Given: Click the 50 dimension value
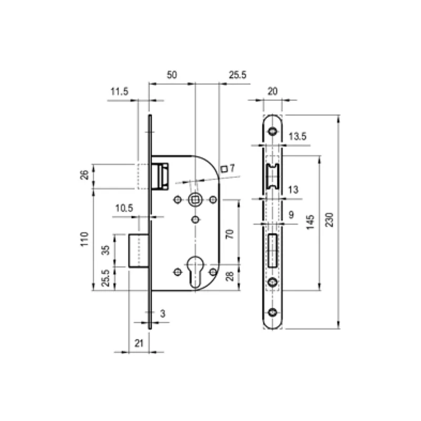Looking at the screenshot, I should [172, 75].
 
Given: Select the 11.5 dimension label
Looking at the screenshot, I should [119, 92].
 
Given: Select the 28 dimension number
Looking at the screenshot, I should [229, 277].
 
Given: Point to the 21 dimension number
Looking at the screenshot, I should [138, 343].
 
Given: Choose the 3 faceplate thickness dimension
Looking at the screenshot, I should [163, 314].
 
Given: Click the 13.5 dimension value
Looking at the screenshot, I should [297, 137].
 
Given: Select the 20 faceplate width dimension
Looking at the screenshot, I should [272, 91].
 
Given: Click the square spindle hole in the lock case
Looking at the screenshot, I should [195, 199].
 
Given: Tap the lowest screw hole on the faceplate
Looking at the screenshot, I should [273, 313].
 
